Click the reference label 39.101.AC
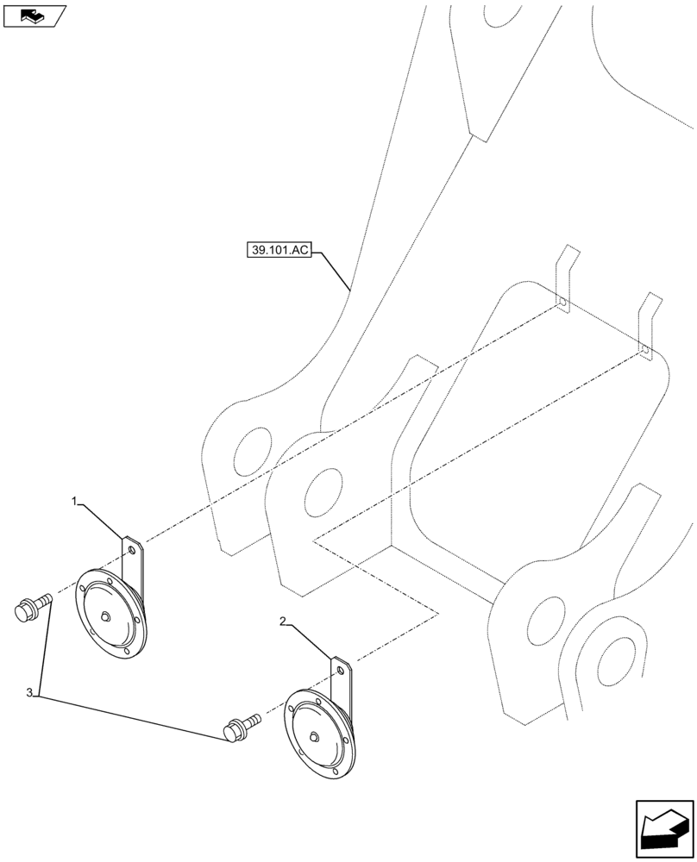(x=278, y=251)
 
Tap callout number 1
(x=75, y=500)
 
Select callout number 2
(x=283, y=620)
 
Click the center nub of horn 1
(x=104, y=615)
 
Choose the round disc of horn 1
(x=109, y=614)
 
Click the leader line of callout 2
(x=309, y=641)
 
